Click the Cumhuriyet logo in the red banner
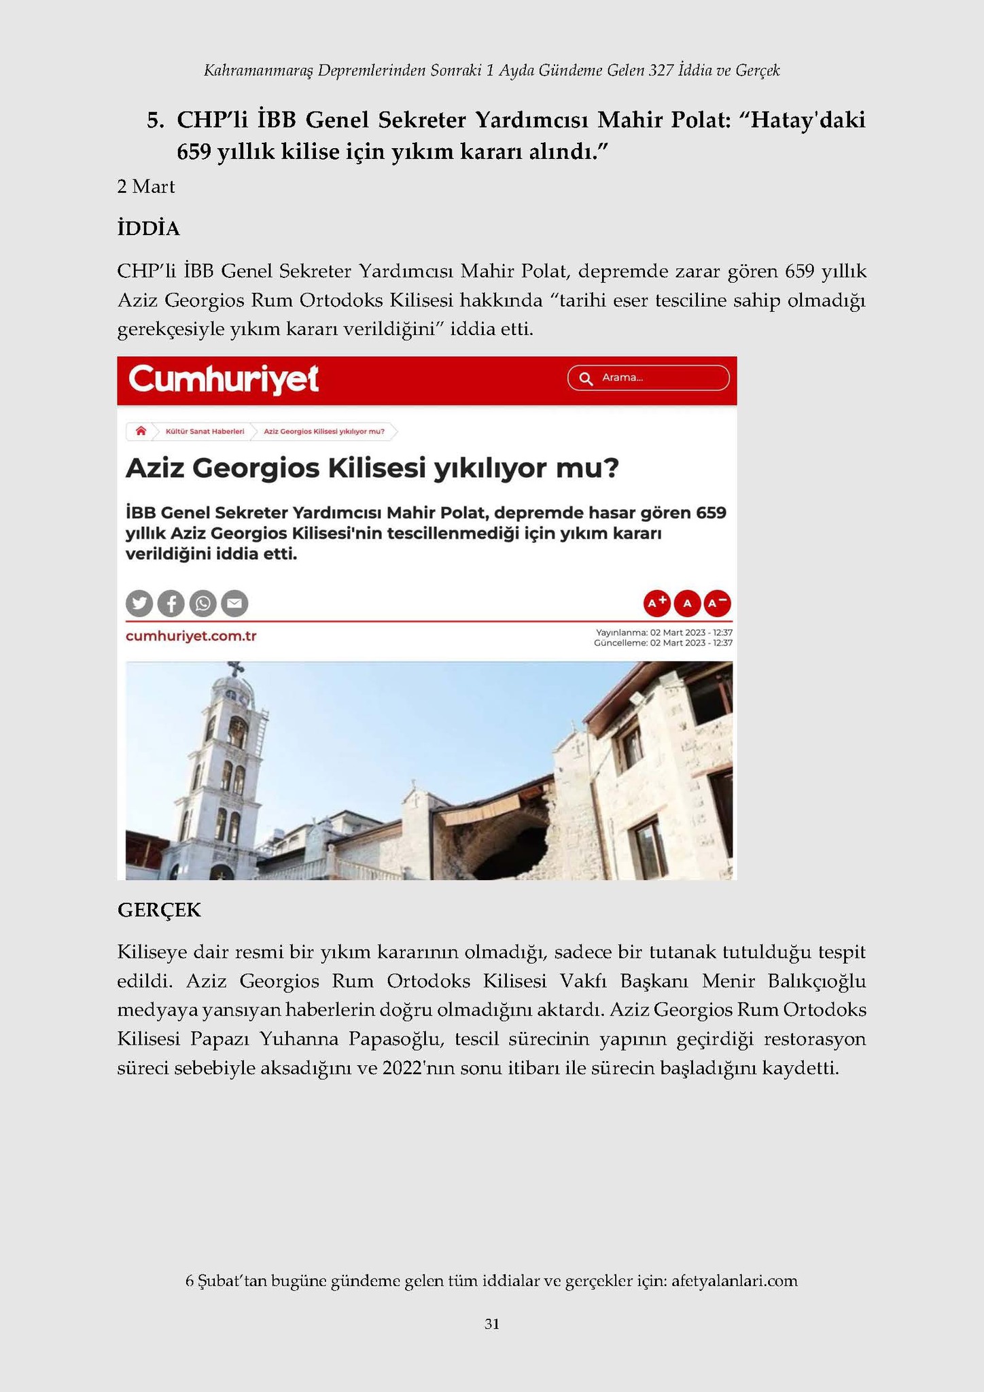[224, 379]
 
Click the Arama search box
[648, 378]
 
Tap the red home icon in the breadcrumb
[141, 431]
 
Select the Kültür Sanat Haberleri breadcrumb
[205, 432]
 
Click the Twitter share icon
[139, 604]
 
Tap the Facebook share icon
[171, 604]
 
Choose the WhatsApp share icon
[203, 604]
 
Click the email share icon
[234, 604]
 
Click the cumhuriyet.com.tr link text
[191, 636]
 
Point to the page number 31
[492, 1324]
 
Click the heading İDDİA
[148, 229]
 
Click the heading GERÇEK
[159, 910]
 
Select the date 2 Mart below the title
[145, 187]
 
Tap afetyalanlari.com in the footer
[734, 1281]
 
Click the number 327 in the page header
[661, 70]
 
